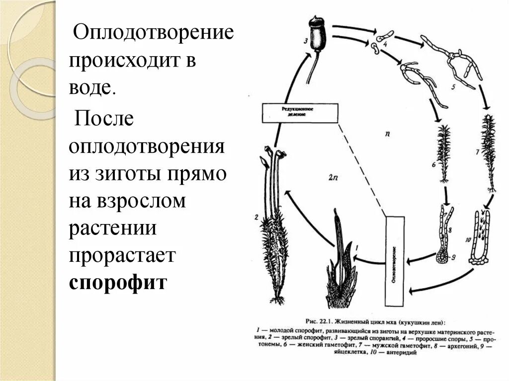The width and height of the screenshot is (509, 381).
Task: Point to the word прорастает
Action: coord(123,255)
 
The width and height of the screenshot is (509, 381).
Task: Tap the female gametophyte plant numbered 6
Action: coord(444,152)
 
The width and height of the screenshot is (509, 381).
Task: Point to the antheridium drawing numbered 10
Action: coord(481,238)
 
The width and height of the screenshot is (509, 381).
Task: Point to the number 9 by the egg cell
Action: coord(453,258)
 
